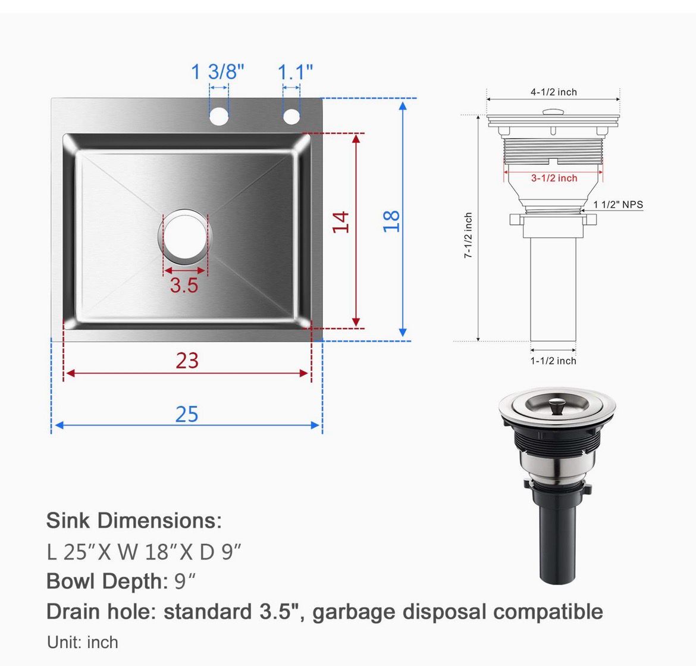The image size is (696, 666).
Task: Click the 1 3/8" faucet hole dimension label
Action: click(x=218, y=71)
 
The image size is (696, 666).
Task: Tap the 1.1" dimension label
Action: click(x=295, y=72)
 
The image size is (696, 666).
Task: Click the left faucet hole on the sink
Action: click(x=219, y=116)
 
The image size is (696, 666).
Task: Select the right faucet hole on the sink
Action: click(x=291, y=116)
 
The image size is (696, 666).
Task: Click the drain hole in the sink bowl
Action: click(x=184, y=235)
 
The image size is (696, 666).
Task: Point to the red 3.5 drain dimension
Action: click(x=184, y=285)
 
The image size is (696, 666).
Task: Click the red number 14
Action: click(x=341, y=221)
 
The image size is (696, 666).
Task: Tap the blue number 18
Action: click(x=391, y=221)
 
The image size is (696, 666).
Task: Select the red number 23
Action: click(x=187, y=361)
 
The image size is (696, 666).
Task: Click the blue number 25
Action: click(x=187, y=414)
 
